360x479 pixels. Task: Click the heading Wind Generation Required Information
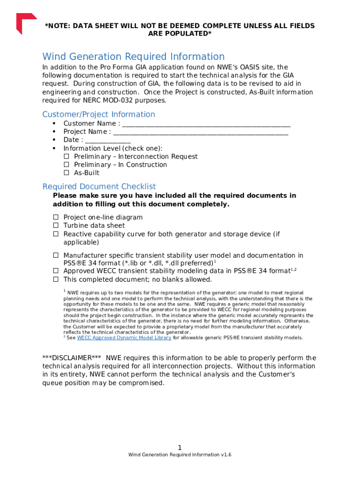pyautogui.click(x=133, y=57)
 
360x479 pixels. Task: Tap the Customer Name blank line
pyautogui.click(x=206, y=124)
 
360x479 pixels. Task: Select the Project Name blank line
pyautogui.click(x=201, y=132)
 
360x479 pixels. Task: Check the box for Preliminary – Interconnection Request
pyautogui.click(x=66, y=157)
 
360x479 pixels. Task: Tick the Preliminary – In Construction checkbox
pyautogui.click(x=66, y=165)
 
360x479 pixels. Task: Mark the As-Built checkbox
pyautogui.click(x=66, y=173)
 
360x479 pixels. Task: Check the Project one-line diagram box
pyautogui.click(x=56, y=218)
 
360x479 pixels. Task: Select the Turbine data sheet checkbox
pyautogui.click(x=56, y=225)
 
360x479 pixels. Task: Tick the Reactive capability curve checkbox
pyautogui.click(x=56, y=234)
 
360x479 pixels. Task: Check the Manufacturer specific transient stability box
pyautogui.click(x=56, y=255)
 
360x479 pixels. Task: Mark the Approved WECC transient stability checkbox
pyautogui.click(x=56, y=271)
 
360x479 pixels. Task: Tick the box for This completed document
pyautogui.click(x=56, y=280)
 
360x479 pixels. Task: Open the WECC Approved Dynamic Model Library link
pyautogui.click(x=124, y=338)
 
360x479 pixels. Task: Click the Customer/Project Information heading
pyautogui.click(x=99, y=114)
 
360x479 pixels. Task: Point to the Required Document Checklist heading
pyautogui.click(x=99, y=186)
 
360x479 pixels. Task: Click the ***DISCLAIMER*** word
pyautogui.click(x=72, y=358)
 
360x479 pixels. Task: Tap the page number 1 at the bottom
pyautogui.click(x=180, y=447)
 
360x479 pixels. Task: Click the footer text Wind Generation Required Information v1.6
pyautogui.click(x=180, y=455)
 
